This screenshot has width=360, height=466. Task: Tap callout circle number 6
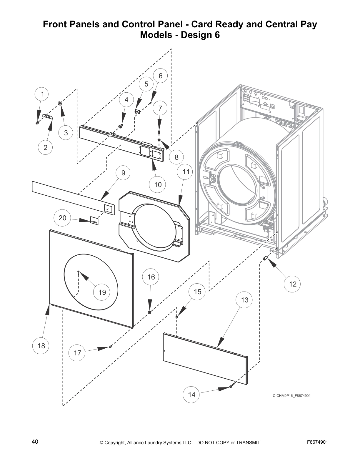pos(160,76)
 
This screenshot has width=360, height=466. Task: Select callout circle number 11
pos(186,172)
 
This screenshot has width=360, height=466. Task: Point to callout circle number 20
pos(62,218)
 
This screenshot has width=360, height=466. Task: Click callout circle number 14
pos(191,395)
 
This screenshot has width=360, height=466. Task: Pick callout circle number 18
pos(41,346)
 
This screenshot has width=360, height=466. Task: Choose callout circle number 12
pos(293,284)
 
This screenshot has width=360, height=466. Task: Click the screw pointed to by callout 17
pos(110,347)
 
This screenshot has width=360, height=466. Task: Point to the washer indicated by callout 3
pos(60,103)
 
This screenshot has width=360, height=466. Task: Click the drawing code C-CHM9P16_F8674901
pos(291,395)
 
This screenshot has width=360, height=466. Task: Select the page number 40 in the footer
pos(35,442)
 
